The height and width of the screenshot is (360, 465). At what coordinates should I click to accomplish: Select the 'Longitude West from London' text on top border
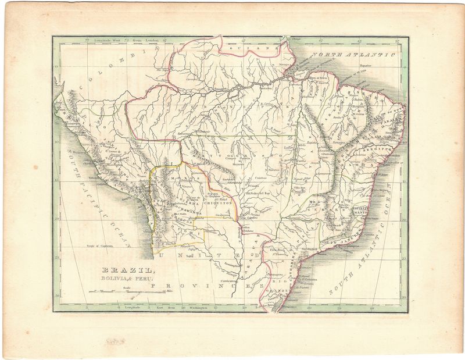[x=122, y=41]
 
